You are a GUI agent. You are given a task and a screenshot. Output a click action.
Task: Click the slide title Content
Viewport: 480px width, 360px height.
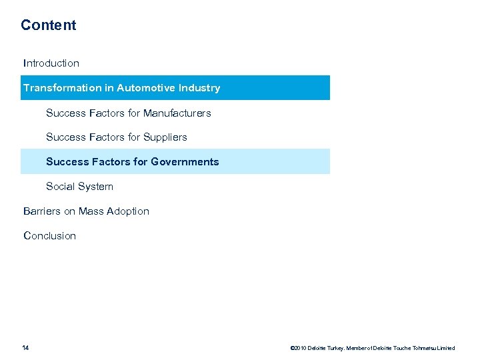click(48, 25)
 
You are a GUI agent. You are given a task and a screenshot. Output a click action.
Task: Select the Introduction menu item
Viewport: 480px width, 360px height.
click(51, 63)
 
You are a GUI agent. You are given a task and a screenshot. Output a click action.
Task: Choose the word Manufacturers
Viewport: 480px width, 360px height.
click(177, 113)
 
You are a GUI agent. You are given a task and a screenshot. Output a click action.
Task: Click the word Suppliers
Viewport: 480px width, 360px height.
click(165, 137)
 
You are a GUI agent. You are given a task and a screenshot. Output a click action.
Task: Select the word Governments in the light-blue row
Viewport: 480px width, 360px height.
click(185, 162)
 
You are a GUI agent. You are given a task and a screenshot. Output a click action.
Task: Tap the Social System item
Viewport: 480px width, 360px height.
click(79, 187)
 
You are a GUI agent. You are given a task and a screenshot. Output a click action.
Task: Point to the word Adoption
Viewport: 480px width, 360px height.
click(129, 211)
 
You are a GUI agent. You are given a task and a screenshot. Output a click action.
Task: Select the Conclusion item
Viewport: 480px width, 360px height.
click(49, 236)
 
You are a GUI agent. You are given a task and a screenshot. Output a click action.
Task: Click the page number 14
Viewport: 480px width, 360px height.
click(25, 348)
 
